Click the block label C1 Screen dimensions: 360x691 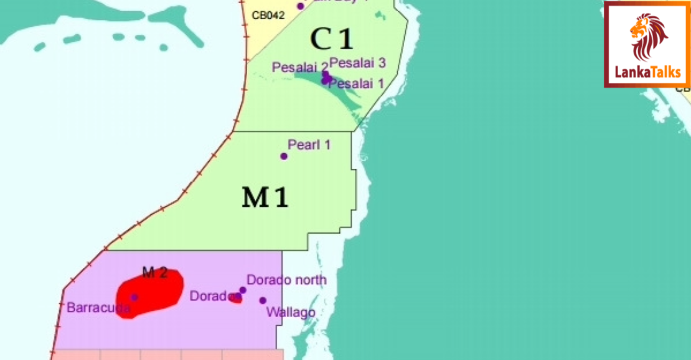click(331, 39)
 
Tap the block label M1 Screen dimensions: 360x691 click(265, 198)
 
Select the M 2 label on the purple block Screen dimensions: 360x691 click(154, 272)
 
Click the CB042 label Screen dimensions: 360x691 click(268, 15)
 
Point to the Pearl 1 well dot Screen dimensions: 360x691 click(284, 156)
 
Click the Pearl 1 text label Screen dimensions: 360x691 click(309, 144)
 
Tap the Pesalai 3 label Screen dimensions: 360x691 click(358, 62)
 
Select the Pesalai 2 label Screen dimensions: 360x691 click(299, 67)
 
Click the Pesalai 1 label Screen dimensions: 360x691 click(356, 83)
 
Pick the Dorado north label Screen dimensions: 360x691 click(286, 280)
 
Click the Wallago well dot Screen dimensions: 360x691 click(263, 300)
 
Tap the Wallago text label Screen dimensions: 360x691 click(291, 312)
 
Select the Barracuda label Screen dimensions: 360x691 click(98, 307)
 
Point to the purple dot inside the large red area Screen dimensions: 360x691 click(134, 297)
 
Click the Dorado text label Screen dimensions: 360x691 click(212, 296)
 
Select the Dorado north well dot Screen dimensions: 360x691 click(243, 290)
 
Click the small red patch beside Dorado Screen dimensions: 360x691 click(236, 300)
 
